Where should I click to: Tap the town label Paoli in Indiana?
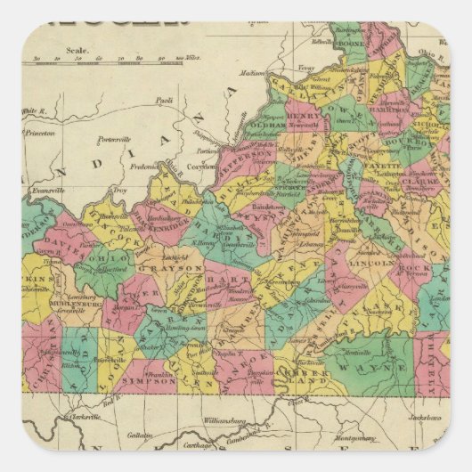pyautogui.click(x=164, y=101)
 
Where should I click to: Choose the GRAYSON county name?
pyautogui.click(x=184, y=266)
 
